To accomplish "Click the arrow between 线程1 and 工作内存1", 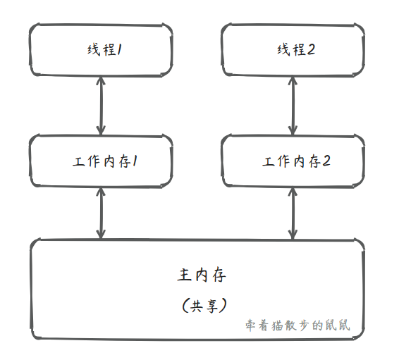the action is coord(101,106).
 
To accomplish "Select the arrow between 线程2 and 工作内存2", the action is coord(293,106).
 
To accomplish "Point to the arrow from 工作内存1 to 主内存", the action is coord(101,213).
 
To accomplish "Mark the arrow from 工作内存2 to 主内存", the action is coord(293,213).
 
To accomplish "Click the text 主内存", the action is coord(202,275).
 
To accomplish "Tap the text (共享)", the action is coord(204,305).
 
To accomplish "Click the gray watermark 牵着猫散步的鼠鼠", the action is coord(297,325).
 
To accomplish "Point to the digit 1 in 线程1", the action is coord(119,49).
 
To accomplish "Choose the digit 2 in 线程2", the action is coord(311,49).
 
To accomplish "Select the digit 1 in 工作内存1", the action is coord(135,161).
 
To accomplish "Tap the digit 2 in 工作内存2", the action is coord(326,161).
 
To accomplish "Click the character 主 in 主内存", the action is coord(184,275).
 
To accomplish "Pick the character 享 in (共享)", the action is coord(212,306).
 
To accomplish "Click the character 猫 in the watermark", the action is coord(278,325).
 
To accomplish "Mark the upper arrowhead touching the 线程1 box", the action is coord(101,80).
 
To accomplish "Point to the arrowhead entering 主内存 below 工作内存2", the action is coord(293,235).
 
